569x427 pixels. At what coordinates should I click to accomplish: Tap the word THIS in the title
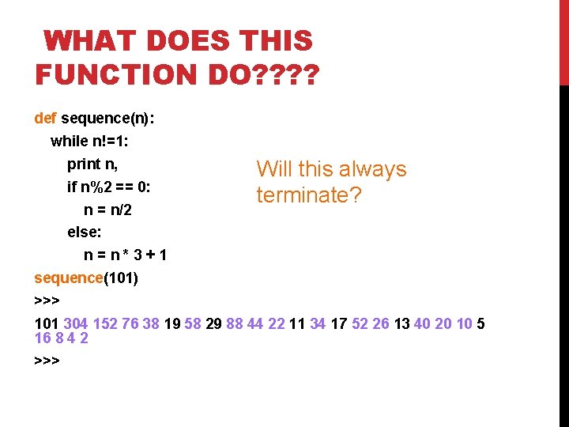coord(273,41)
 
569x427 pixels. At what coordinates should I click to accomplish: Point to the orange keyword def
coord(45,119)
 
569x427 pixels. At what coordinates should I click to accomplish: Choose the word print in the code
coord(85,164)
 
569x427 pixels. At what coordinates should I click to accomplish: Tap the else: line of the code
coord(85,233)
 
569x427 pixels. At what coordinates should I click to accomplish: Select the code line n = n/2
coord(107,210)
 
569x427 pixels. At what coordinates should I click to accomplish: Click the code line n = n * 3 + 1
coord(125,256)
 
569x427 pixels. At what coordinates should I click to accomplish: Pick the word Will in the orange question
coord(273,169)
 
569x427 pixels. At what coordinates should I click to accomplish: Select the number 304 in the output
coord(76,324)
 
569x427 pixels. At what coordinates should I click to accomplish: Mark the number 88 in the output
coord(234,324)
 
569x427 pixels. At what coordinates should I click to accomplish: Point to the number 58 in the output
coord(192,324)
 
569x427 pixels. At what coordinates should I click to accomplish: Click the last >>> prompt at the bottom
coord(47,361)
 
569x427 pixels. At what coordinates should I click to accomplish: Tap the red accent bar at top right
coord(563,42)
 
